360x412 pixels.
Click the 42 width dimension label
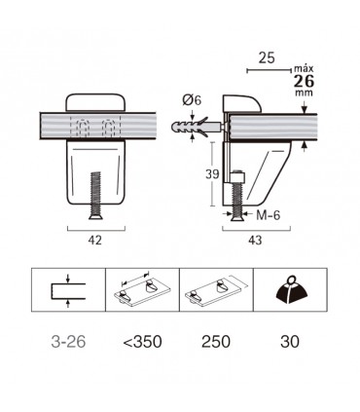[x=95, y=241]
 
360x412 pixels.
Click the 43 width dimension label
[x=255, y=241]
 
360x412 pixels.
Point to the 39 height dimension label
[x=212, y=174]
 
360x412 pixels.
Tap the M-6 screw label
[x=268, y=215]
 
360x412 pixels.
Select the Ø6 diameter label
[x=192, y=100]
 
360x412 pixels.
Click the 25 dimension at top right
[x=267, y=57]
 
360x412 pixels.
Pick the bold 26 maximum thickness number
[x=304, y=81]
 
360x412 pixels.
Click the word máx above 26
[x=304, y=69]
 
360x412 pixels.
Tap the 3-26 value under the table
[x=68, y=342]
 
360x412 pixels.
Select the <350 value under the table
[x=143, y=342]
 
